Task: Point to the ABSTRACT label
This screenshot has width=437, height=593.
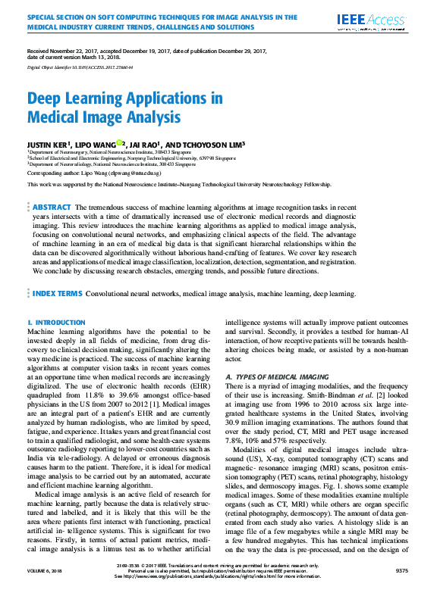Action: point(51,207)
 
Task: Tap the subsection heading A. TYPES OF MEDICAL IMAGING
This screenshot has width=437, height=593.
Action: point(282,376)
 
